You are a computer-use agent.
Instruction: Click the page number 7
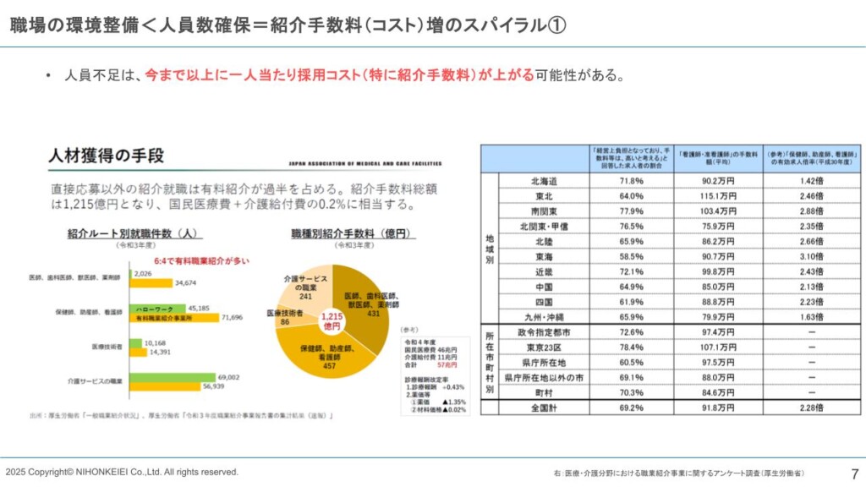(853, 473)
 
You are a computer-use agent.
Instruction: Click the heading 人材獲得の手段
(106, 156)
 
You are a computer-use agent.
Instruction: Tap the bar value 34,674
(185, 282)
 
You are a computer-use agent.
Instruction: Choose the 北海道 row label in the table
(544, 181)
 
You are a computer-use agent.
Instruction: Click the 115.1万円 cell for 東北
(718, 195)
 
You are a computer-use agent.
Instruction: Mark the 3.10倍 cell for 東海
(812, 256)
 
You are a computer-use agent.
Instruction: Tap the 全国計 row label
(544, 408)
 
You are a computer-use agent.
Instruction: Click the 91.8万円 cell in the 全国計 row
(718, 408)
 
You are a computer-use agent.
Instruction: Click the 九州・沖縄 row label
(544, 317)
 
